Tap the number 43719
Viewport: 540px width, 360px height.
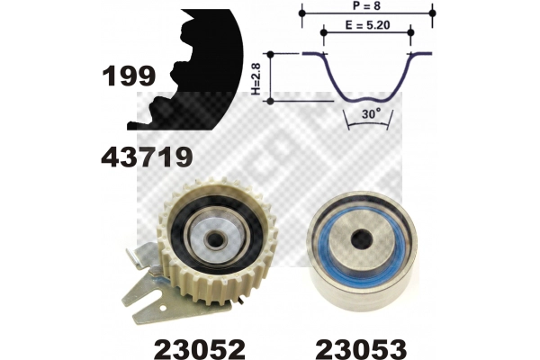pos(147,157)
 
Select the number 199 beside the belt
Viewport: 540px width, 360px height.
pos(129,76)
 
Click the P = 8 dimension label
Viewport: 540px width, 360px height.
pos(366,6)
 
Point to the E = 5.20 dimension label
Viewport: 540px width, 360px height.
pos(367,25)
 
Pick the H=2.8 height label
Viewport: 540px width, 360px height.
pos(256,78)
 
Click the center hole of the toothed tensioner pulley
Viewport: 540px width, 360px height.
pos(215,238)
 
